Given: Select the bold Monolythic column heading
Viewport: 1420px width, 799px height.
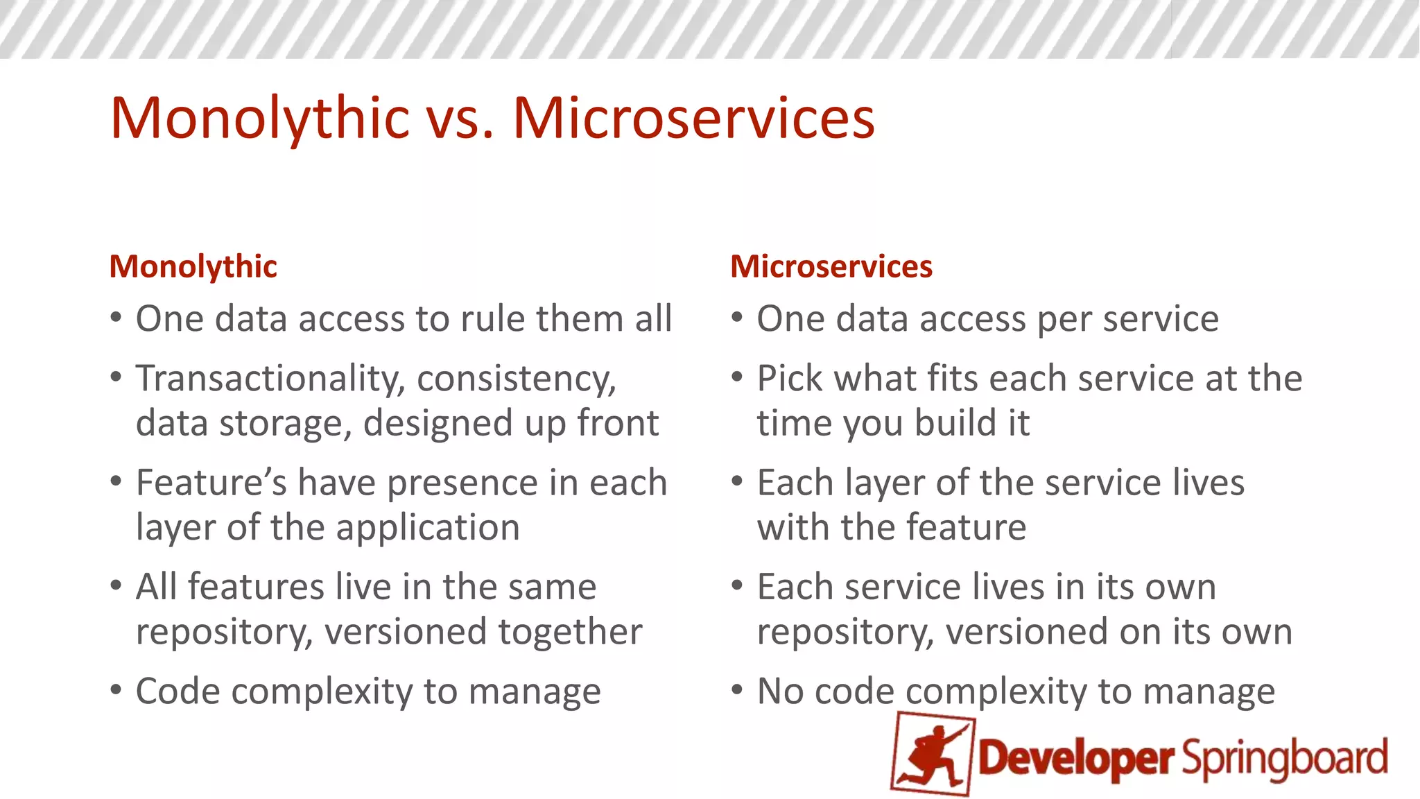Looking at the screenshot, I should tap(193, 267).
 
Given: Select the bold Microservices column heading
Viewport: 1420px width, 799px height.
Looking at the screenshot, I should tap(831, 267).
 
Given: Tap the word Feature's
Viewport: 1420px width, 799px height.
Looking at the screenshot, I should tap(211, 483).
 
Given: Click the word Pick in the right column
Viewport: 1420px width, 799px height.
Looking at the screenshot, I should tap(789, 379).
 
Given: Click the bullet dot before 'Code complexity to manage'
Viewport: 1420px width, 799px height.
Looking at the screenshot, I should tap(116, 690).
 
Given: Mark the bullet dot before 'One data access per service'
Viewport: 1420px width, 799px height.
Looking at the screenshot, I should tap(738, 318).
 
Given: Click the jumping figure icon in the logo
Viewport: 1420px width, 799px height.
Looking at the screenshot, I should tap(933, 755).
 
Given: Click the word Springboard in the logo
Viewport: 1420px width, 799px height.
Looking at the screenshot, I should tap(1285, 758).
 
